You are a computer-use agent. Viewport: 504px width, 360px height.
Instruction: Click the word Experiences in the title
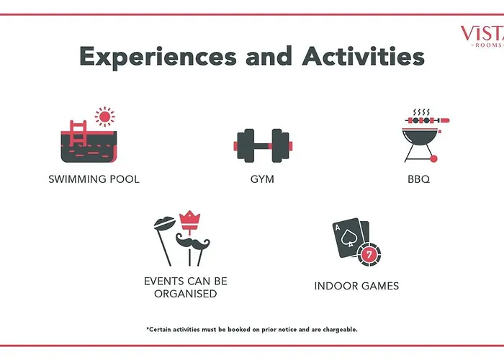point(158,57)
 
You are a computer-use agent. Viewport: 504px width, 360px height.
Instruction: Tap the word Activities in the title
point(364,56)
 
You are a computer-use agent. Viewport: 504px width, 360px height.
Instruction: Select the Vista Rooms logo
point(482,36)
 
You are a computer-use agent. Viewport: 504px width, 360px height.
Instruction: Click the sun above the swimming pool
point(105,117)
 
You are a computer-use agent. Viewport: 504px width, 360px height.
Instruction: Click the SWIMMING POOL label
point(94,179)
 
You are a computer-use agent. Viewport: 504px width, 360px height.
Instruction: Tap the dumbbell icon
point(263,145)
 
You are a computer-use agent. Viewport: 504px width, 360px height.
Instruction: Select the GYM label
point(262,179)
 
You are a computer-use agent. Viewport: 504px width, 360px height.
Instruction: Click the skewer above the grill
point(427,120)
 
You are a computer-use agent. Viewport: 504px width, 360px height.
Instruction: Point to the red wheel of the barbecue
point(433,158)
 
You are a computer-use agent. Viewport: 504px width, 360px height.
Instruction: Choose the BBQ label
point(418,179)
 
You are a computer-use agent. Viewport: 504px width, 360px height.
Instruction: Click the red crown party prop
point(189,220)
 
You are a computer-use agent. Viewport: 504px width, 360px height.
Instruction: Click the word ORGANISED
point(186,294)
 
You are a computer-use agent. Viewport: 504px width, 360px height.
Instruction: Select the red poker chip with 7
point(369,255)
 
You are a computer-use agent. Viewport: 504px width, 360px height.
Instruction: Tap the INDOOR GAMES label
point(356,286)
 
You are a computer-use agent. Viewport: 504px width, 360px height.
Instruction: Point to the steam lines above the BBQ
point(421,112)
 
